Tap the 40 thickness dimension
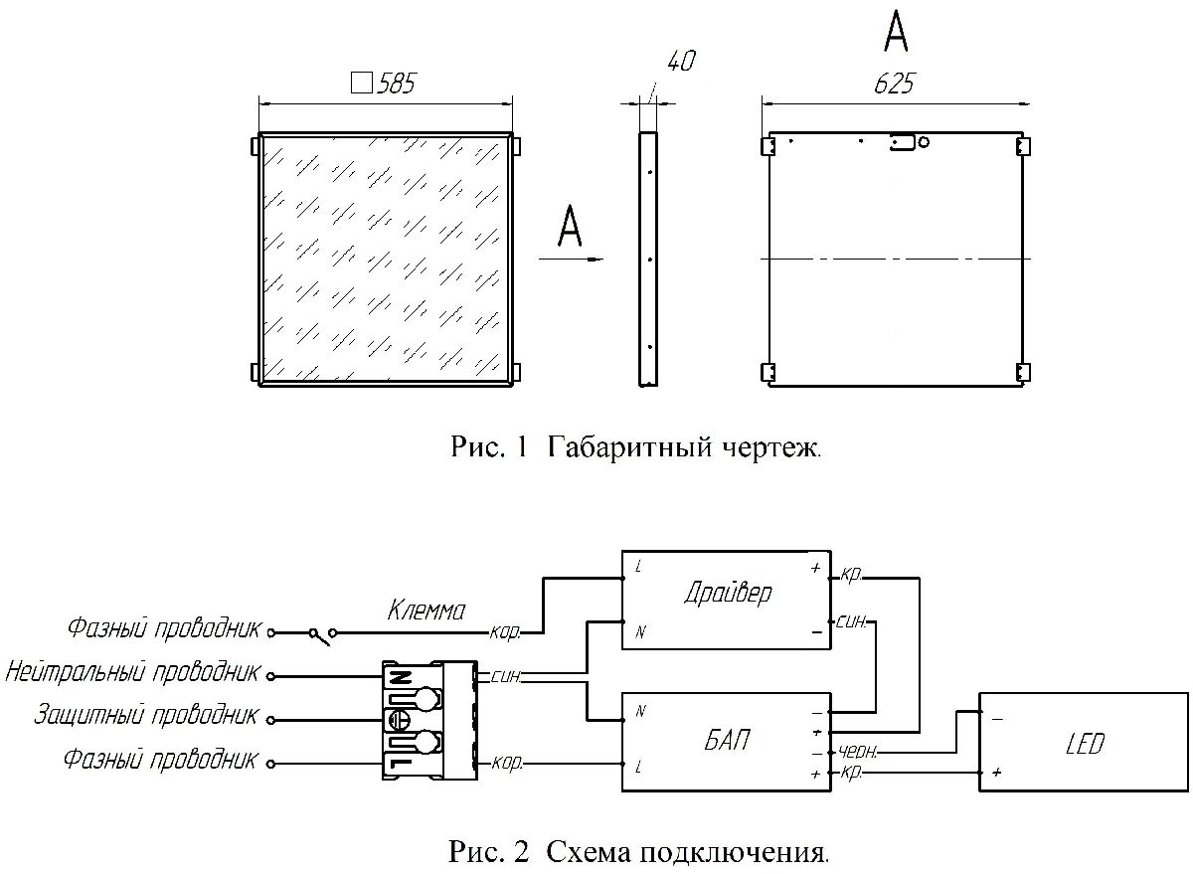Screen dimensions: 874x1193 680,62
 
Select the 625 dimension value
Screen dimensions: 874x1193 894,85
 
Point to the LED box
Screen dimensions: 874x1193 1083,743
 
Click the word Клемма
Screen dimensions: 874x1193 426,611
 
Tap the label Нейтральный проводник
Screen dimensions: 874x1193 132,672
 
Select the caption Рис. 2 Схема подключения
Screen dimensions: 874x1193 638,852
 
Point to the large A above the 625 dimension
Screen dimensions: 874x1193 896,33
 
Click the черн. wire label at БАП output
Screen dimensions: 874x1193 857,753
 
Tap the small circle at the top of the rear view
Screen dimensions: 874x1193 925,142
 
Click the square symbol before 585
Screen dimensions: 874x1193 363,84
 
